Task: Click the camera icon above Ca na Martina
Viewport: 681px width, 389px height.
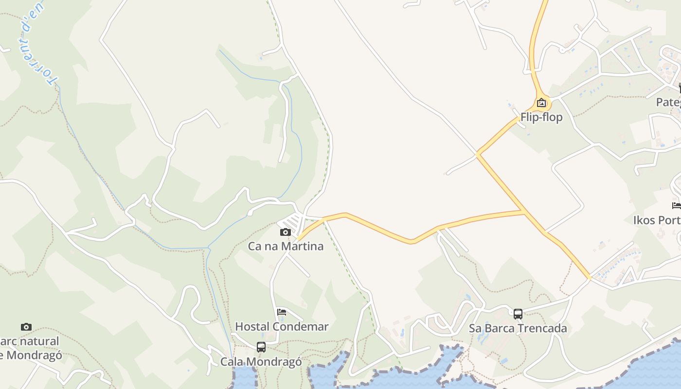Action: click(x=286, y=232)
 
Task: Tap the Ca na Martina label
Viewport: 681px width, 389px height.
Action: click(x=286, y=246)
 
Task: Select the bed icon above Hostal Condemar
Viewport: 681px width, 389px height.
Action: click(x=281, y=312)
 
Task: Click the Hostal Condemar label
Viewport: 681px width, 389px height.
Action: click(x=282, y=326)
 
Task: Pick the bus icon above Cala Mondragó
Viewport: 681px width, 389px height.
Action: click(x=261, y=347)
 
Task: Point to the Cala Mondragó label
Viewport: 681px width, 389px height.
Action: click(x=261, y=362)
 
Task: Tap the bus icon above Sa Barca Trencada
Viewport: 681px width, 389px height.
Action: click(x=518, y=314)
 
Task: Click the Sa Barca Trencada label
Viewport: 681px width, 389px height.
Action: click(x=518, y=328)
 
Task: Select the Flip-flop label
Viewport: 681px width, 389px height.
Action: click(x=541, y=117)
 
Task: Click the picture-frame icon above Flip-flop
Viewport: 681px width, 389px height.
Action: click(x=541, y=103)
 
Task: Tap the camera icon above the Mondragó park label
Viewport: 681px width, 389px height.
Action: click(x=26, y=327)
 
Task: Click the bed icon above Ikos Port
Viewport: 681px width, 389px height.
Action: click(x=676, y=206)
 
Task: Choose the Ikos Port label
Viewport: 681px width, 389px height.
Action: click(x=657, y=220)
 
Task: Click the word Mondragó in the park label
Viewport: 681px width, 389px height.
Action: click(x=34, y=355)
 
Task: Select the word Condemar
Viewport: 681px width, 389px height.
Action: click(x=304, y=326)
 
